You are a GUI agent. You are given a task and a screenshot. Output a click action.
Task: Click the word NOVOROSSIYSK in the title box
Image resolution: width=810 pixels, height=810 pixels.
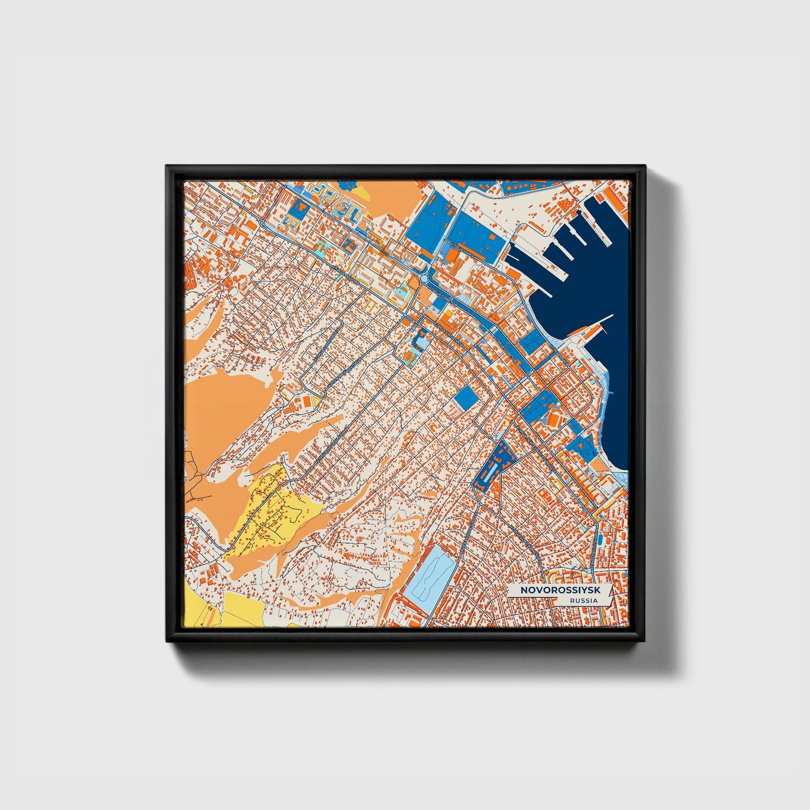(x=552, y=590)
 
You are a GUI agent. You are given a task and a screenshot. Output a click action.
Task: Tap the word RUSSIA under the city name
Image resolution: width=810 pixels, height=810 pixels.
(x=583, y=601)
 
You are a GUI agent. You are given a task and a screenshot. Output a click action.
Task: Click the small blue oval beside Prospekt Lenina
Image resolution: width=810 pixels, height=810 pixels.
(x=600, y=538)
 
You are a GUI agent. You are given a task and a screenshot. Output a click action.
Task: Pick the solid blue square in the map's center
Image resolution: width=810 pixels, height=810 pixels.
(x=465, y=399)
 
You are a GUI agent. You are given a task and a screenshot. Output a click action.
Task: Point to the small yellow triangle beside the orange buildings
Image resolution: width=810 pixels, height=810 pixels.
(x=317, y=400)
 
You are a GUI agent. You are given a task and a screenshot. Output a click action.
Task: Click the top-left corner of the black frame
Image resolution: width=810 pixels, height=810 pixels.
(x=167, y=166)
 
